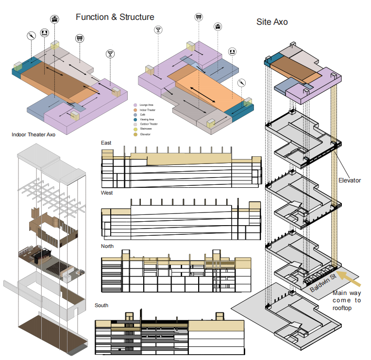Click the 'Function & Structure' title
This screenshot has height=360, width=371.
point(115,17)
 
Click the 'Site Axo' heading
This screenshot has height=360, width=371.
point(272,22)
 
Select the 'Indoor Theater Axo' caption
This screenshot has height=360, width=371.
point(33,134)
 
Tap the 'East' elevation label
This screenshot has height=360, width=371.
point(106,143)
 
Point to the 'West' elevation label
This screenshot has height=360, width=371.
point(107,193)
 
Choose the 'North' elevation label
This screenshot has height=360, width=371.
point(107,246)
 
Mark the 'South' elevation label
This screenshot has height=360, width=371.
point(101,305)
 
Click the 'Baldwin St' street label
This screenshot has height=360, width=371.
point(323,282)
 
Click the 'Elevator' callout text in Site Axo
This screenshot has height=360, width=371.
point(350,180)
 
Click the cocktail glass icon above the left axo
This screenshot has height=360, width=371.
point(111,53)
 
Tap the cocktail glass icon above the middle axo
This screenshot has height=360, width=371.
point(158,31)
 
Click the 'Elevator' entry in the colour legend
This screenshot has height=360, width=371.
point(145,134)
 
